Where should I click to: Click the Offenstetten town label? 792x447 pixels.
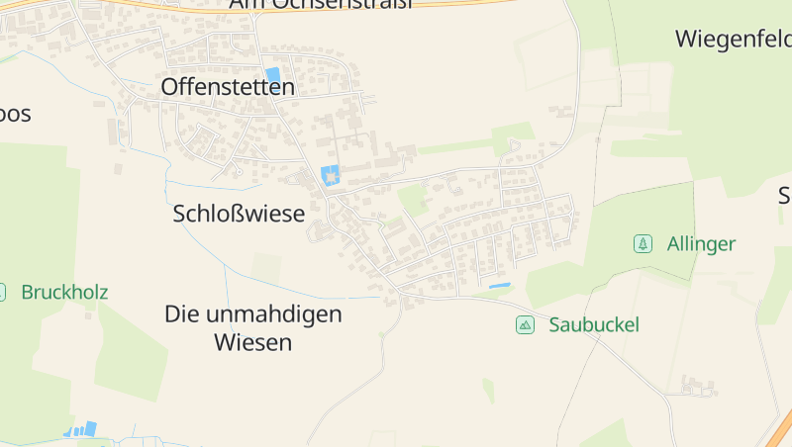tap(228, 88)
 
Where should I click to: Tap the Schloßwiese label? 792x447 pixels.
tap(239, 214)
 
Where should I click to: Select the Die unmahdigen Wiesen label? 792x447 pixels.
tap(253, 328)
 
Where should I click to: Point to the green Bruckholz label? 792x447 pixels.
tap(64, 293)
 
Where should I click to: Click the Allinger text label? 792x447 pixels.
tap(701, 243)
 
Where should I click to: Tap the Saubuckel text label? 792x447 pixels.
tap(594, 324)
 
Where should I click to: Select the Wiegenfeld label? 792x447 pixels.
tap(734, 40)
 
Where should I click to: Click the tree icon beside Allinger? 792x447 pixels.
tap(643, 243)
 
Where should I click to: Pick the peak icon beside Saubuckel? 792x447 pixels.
tap(525, 324)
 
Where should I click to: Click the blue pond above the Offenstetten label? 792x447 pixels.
tap(272, 74)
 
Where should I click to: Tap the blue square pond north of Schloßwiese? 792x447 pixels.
tap(330, 176)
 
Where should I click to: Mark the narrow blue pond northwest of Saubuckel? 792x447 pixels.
tap(499, 286)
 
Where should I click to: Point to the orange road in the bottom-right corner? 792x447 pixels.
tap(779, 430)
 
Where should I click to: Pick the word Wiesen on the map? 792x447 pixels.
tap(253, 343)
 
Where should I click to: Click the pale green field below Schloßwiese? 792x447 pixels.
tap(266, 267)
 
